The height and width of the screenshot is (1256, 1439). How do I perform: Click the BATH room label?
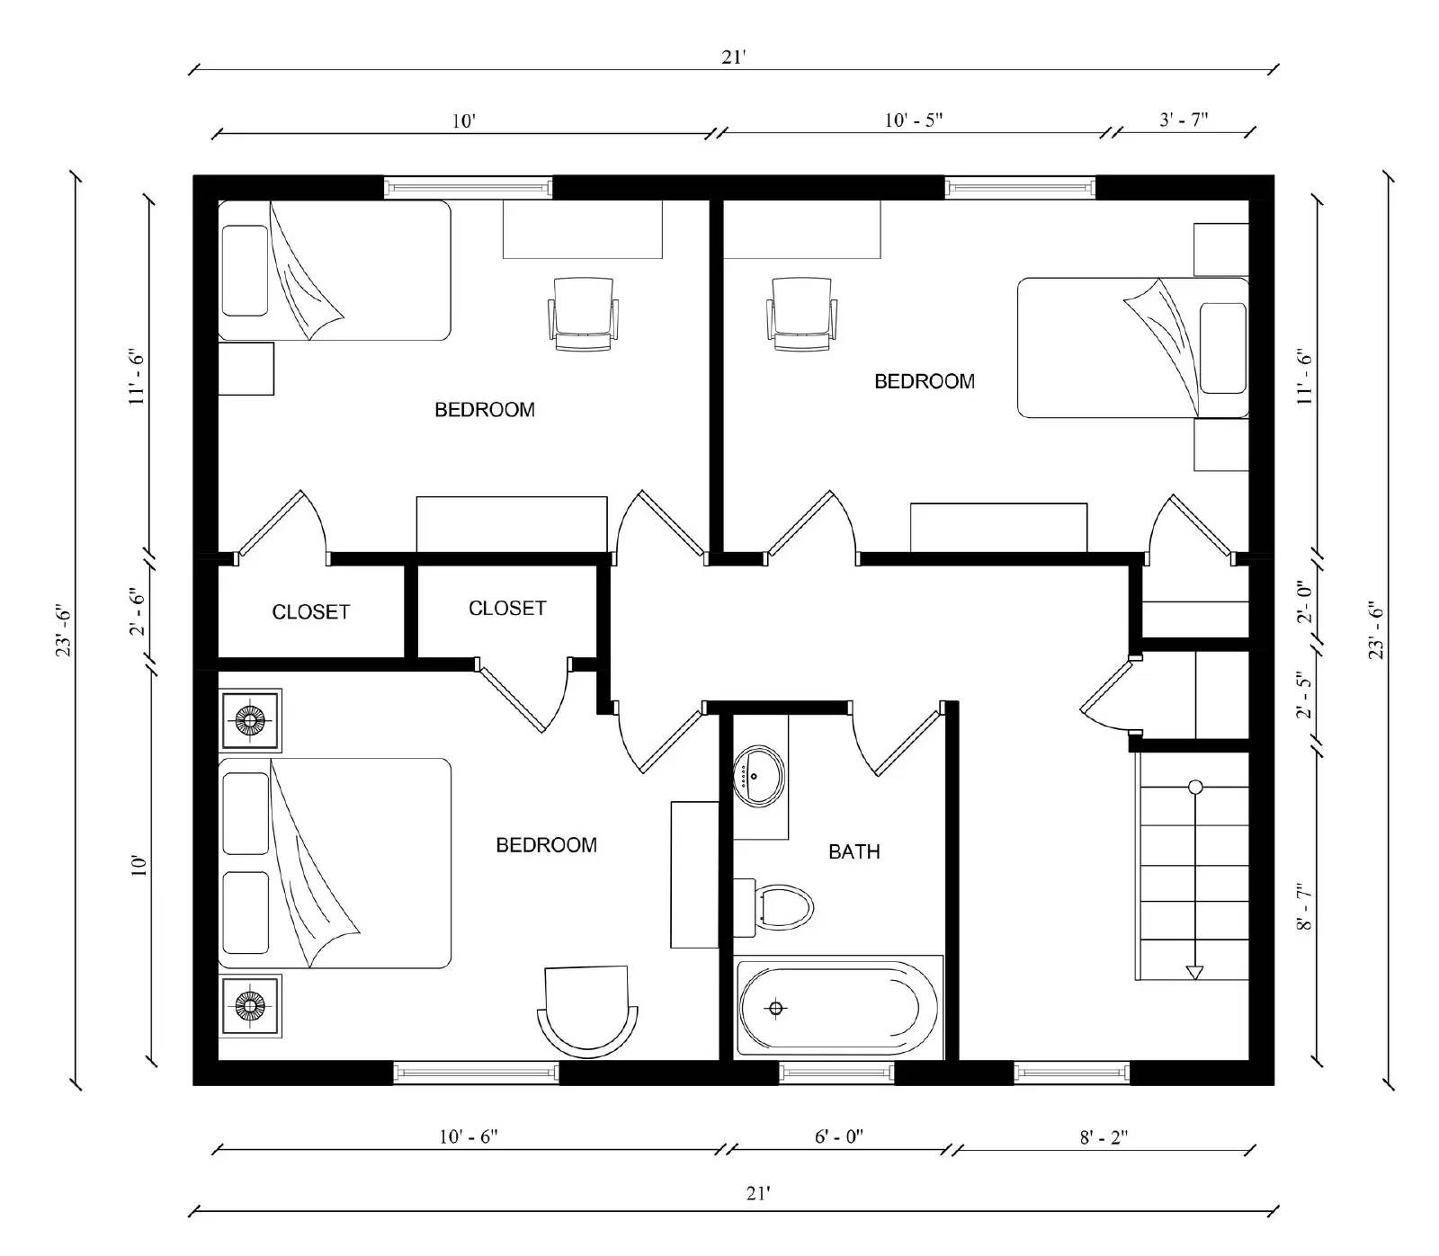854,851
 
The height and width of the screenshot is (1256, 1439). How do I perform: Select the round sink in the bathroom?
758,774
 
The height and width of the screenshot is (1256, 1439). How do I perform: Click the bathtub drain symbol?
776,1008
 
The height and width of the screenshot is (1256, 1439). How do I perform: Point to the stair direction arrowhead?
1194,972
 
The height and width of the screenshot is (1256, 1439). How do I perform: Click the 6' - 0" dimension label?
839,1136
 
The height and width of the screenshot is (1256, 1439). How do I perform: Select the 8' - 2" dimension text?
1104,1137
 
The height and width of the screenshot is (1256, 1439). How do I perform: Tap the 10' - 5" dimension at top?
913,120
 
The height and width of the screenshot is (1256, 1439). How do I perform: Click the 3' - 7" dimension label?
1184,120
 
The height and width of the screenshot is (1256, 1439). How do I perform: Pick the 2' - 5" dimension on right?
1304,694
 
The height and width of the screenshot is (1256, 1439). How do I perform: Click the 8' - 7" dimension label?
1304,906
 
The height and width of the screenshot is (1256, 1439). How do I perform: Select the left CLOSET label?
310,612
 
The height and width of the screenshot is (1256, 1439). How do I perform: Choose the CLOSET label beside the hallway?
507,609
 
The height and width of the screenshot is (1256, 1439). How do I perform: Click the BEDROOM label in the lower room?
546,845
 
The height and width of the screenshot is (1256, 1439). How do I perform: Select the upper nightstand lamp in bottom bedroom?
251,719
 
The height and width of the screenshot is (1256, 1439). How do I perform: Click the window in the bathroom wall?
836,1073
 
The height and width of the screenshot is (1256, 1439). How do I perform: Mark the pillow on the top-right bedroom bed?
1222,348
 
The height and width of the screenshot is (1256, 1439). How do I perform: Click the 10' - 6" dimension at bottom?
468,1136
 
